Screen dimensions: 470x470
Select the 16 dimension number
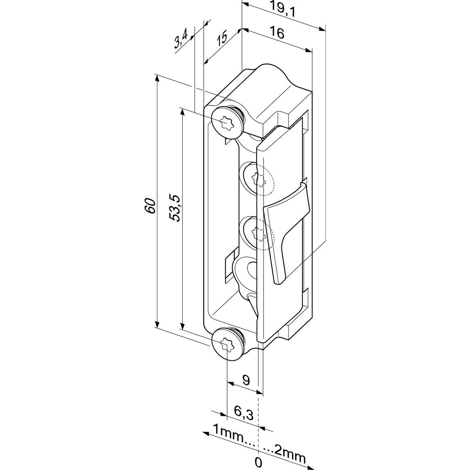point(277,33)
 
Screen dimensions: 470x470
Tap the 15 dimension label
point(222,38)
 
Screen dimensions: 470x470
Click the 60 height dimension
point(151,206)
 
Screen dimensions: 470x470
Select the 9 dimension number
point(246,380)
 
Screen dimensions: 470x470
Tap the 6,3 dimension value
point(244,414)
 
